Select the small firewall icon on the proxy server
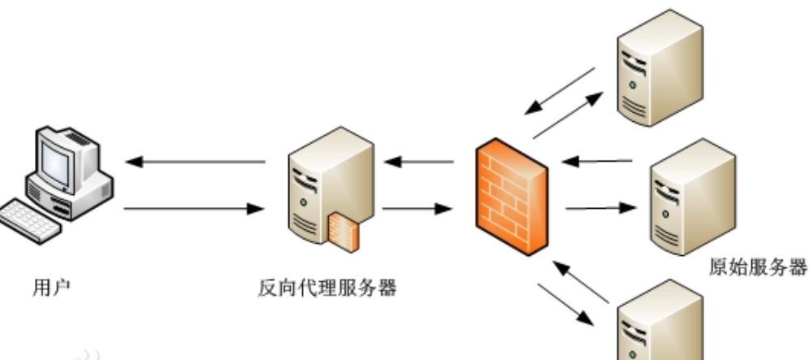(x=344, y=229)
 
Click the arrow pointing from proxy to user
(x=196, y=163)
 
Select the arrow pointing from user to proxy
(x=196, y=209)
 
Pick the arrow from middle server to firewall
(x=597, y=161)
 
